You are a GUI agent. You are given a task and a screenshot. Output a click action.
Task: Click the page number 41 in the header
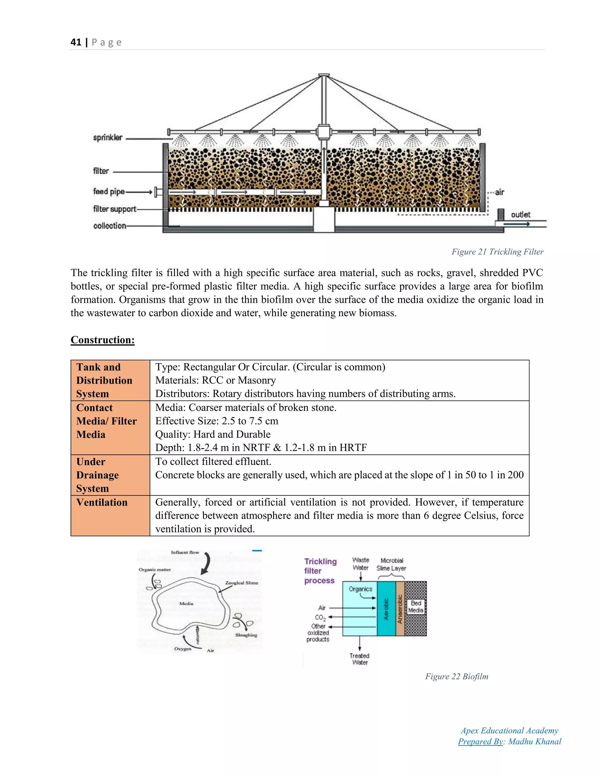tap(76, 42)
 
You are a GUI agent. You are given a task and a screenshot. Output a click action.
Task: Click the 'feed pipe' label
tap(109, 192)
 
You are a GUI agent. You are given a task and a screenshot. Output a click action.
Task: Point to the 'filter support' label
tap(115, 209)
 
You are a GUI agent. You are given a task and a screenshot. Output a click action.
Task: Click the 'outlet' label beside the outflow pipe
tap(520, 215)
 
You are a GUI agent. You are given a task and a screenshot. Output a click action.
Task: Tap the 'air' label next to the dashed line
tap(500, 192)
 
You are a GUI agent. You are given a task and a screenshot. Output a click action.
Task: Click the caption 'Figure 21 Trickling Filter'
tap(497, 252)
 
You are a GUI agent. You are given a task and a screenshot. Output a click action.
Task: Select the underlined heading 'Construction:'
tap(102, 340)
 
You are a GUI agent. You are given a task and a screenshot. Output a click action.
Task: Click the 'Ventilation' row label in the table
tap(102, 502)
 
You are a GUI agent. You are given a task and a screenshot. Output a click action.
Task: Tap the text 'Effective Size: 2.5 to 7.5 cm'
tap(217, 421)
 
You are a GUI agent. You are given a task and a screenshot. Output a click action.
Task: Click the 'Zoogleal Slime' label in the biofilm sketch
tap(241, 583)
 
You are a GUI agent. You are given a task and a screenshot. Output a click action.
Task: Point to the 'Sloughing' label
tap(246, 635)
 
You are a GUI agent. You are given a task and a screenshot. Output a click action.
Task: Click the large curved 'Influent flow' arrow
tap(206, 564)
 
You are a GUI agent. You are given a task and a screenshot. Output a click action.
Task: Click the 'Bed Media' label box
tap(415, 606)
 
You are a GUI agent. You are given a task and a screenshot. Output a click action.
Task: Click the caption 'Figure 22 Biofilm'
tap(456, 676)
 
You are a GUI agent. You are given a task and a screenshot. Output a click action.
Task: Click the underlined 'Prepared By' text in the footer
tap(480, 741)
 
